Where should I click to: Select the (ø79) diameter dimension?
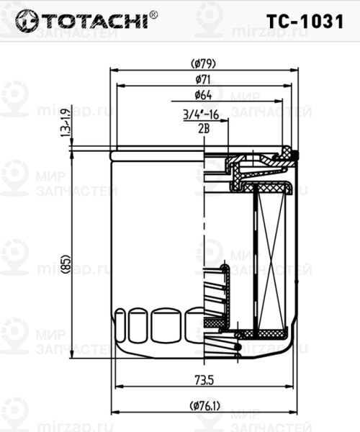203,63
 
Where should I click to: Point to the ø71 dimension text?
203,79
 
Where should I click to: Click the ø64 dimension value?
203,95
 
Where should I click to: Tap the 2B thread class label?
203,127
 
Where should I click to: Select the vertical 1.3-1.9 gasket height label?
65,122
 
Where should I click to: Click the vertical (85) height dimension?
65,264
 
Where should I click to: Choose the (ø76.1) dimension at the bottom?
205,406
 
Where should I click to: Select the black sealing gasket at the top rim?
287,153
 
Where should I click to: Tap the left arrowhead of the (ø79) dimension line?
113,70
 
